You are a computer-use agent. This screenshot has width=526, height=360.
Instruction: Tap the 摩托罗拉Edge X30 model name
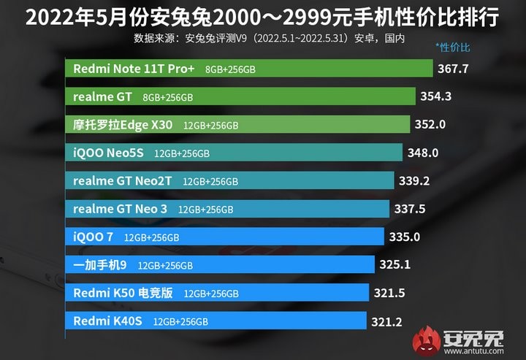[123, 125]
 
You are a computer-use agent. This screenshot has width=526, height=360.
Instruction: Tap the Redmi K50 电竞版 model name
[123, 293]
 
